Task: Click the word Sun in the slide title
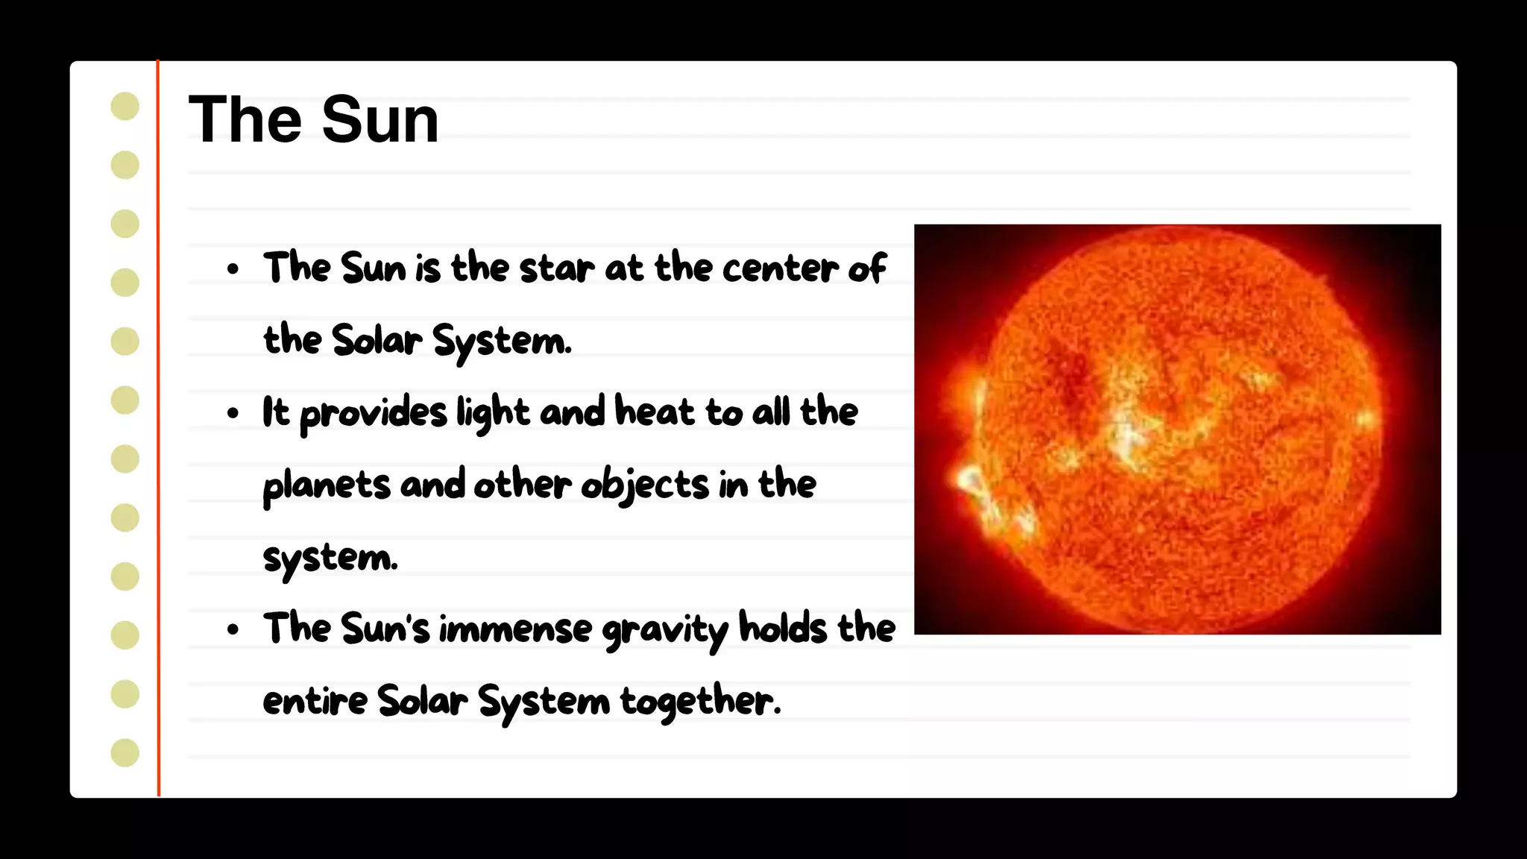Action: click(380, 119)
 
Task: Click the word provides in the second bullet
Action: click(374, 413)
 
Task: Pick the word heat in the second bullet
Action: click(655, 412)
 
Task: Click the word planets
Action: click(327, 485)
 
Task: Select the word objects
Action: click(645, 485)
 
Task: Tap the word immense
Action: click(515, 629)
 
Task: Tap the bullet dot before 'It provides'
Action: click(233, 412)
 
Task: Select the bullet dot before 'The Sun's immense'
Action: click(233, 629)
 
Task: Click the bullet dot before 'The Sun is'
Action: click(233, 268)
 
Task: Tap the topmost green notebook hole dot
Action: click(125, 106)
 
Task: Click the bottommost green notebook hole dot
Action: click(125, 752)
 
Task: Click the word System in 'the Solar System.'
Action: click(502, 342)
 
